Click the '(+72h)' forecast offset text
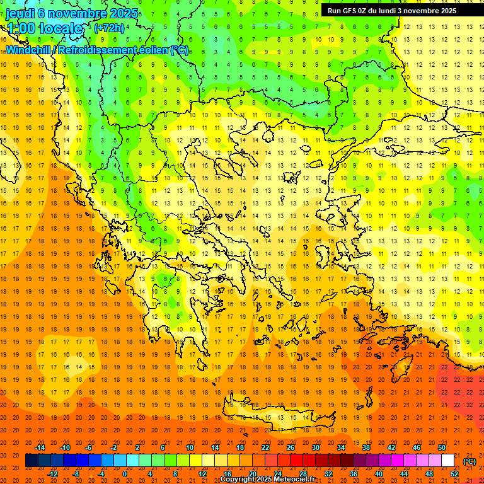coord(109,28)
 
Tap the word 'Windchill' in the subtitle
coord(29,50)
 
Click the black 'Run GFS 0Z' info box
coord(397,10)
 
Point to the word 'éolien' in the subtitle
coord(151,50)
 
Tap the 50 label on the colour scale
coord(442,447)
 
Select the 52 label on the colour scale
coord(454,474)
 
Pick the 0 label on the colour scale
coord(124,474)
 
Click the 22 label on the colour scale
coord(265,447)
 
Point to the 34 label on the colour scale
coord(341,447)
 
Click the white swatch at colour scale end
coord(447,461)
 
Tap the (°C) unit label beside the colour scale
coord(470,461)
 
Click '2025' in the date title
coord(124,13)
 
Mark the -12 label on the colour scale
coord(52,474)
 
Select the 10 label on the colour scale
coord(190,447)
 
